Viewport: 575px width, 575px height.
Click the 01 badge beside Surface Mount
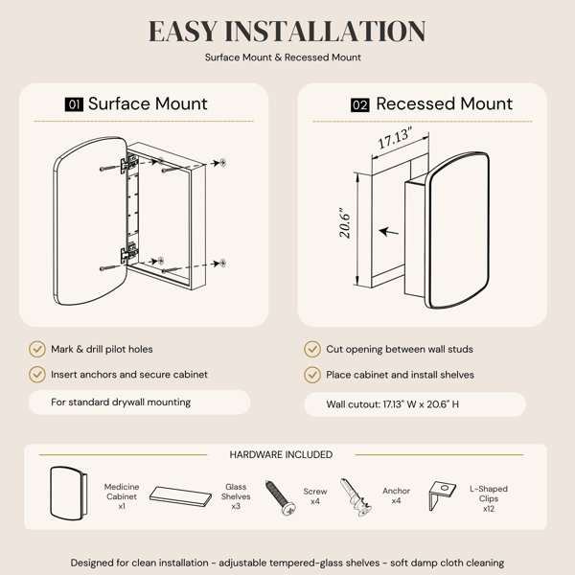point(74,104)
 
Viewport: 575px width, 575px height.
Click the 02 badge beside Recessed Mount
point(359,105)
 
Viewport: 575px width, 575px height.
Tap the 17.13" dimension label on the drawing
point(395,137)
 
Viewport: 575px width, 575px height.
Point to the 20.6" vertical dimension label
point(345,223)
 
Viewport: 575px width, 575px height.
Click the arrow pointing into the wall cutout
point(389,232)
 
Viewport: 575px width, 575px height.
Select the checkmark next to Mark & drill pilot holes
point(37,349)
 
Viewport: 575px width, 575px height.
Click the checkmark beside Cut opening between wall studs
point(312,349)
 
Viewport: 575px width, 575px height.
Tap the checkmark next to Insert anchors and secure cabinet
point(37,375)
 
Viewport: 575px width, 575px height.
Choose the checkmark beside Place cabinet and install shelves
point(312,375)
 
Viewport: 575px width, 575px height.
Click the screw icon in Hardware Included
point(281,497)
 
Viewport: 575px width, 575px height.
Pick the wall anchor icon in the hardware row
point(356,497)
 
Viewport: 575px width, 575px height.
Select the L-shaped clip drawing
point(442,495)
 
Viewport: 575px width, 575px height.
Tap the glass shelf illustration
point(180,496)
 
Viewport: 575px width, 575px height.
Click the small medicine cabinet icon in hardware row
point(69,494)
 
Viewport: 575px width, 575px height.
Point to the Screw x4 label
point(315,496)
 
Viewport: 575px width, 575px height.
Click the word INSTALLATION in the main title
point(325,32)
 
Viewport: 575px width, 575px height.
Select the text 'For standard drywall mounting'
point(121,402)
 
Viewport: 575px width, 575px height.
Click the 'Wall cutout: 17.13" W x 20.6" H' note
point(392,404)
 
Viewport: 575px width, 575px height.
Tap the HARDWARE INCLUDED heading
point(281,454)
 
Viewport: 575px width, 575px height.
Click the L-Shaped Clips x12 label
point(489,498)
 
